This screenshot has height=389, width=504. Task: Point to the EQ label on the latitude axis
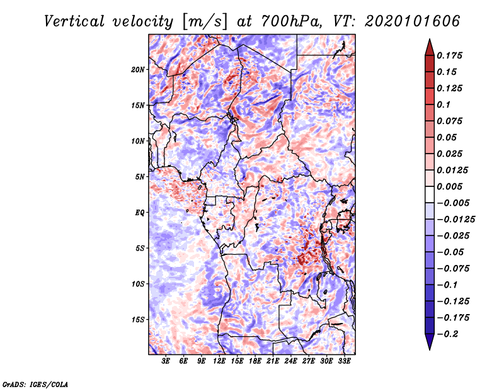coord(140,213)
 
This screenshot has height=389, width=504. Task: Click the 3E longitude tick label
coord(166,361)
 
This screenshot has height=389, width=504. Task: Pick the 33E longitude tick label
coord(344,361)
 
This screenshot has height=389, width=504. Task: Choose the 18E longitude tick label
coord(255,361)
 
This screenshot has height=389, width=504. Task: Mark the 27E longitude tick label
coord(309,361)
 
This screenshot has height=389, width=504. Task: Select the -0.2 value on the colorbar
coord(451,334)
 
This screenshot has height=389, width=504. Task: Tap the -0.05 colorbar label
coord(451,252)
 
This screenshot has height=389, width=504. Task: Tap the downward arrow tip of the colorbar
coord(428,348)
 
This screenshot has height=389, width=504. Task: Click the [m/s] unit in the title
coord(204,21)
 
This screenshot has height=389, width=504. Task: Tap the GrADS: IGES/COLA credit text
coord(35,383)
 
